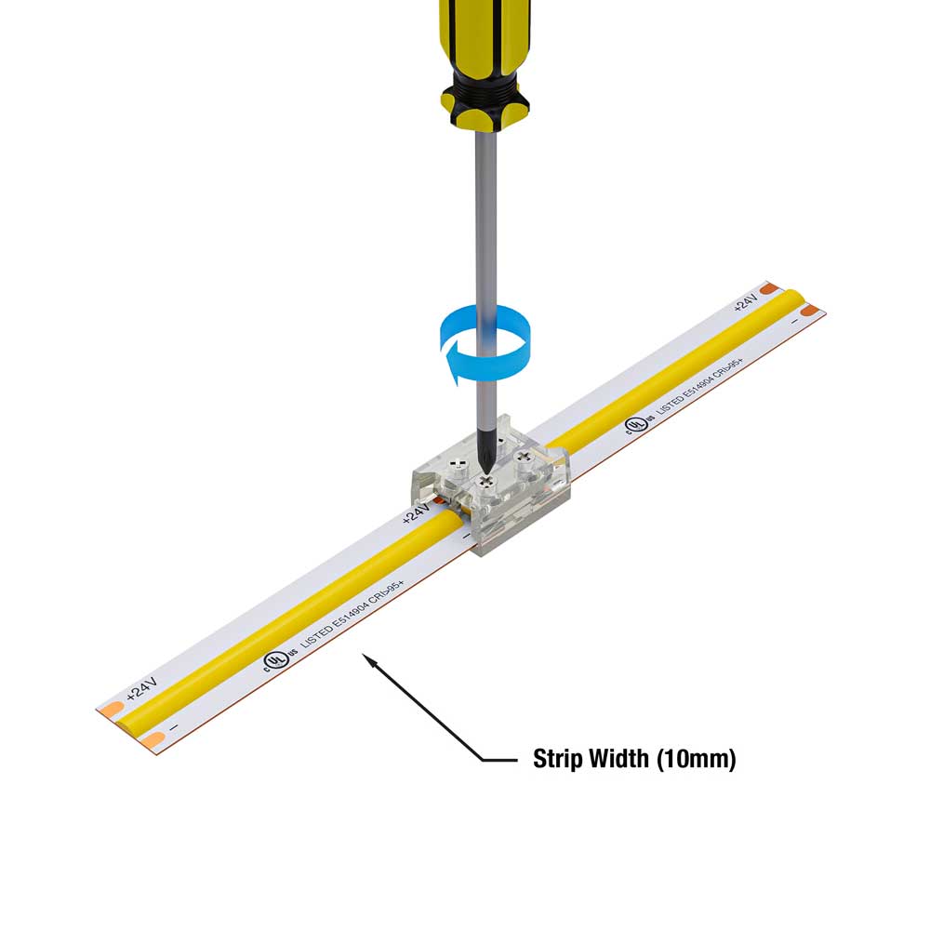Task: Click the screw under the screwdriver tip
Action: pos(485,482)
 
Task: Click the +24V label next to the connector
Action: pos(418,512)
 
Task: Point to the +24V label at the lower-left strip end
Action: pos(142,689)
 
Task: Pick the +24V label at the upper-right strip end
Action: pos(746,303)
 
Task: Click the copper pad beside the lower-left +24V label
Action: pos(111,710)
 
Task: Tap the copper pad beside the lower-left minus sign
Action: pos(153,740)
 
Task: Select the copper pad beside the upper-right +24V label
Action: pos(767,289)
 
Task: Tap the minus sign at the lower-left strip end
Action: pos(174,727)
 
